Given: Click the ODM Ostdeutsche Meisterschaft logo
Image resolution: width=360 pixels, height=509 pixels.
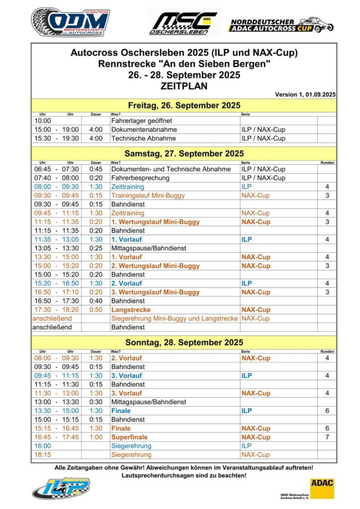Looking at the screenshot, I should tap(70, 22).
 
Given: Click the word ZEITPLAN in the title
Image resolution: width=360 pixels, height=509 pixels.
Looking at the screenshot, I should tap(184, 85).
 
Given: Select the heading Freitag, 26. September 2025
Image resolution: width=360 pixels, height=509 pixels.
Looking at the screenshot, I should tap(184, 105).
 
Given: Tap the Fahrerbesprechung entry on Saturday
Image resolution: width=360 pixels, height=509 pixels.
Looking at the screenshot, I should tap(140, 178).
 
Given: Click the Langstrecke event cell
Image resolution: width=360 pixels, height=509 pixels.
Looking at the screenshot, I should tap(131, 310).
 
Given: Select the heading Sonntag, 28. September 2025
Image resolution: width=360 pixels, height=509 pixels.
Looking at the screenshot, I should tap(184, 342).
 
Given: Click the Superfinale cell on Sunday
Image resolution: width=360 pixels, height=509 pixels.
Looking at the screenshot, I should tap(130, 437).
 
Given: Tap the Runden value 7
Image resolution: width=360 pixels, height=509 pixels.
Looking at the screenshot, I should tap(327, 437).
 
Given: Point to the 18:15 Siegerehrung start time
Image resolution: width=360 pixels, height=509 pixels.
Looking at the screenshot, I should tap(41, 454).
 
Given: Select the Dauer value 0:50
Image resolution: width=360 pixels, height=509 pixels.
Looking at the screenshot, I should tap(95, 310).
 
